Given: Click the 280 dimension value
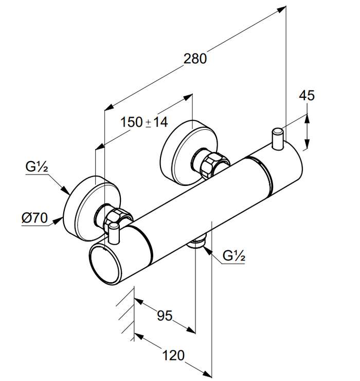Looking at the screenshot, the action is click(x=195, y=59).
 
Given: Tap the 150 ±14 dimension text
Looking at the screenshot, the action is click(x=144, y=122).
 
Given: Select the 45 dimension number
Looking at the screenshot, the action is click(x=307, y=95).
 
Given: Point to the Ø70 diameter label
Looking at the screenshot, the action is click(x=34, y=218).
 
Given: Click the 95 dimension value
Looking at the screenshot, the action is click(x=165, y=316).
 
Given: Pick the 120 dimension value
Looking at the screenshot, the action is click(x=173, y=355).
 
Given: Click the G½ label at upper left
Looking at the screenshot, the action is click(x=37, y=167).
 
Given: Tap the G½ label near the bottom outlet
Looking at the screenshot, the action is click(x=234, y=255).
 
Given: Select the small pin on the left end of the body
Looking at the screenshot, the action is click(x=114, y=233).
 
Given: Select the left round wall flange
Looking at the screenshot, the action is click(x=92, y=209).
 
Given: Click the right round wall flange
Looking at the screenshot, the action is click(x=189, y=152).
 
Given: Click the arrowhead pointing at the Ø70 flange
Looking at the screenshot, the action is click(x=58, y=221).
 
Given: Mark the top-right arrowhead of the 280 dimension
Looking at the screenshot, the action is click(x=281, y=9).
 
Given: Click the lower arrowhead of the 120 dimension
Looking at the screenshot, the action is click(x=207, y=373).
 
